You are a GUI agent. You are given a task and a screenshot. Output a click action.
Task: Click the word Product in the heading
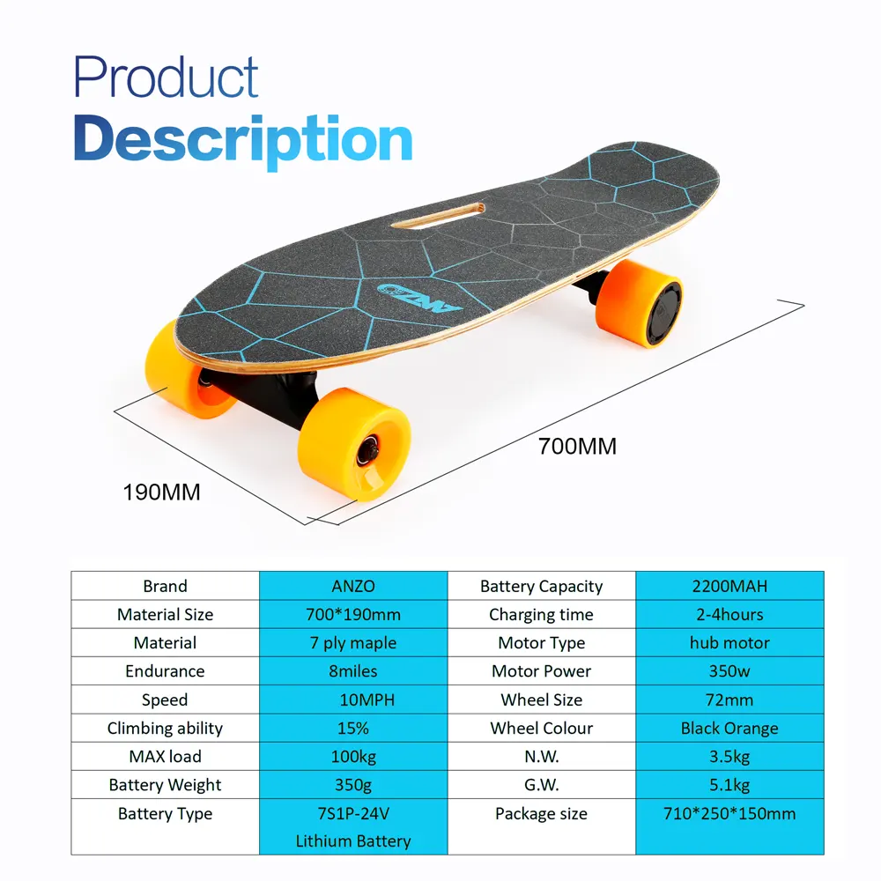166,78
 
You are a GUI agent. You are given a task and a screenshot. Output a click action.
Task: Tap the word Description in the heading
243,139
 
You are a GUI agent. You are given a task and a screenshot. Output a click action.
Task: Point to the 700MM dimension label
577,447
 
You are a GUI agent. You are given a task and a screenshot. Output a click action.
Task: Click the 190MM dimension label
162,492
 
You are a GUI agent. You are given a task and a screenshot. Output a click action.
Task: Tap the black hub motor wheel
663,310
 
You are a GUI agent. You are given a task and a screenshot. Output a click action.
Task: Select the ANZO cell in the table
352,586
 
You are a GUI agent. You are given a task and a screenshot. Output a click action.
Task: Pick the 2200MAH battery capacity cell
729,586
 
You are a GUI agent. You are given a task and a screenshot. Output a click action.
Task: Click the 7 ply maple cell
352,642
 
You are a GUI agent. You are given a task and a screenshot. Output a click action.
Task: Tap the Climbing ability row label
165,728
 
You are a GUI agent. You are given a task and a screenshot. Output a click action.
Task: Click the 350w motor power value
729,670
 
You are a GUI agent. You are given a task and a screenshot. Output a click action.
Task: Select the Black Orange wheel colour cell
729,728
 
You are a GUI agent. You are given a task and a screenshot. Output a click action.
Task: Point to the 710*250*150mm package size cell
729,813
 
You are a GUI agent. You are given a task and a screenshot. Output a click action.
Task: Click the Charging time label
541,614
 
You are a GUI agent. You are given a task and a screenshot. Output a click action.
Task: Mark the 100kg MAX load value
352,756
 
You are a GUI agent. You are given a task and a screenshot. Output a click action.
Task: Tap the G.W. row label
541,784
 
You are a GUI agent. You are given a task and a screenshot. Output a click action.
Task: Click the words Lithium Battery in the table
352,840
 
